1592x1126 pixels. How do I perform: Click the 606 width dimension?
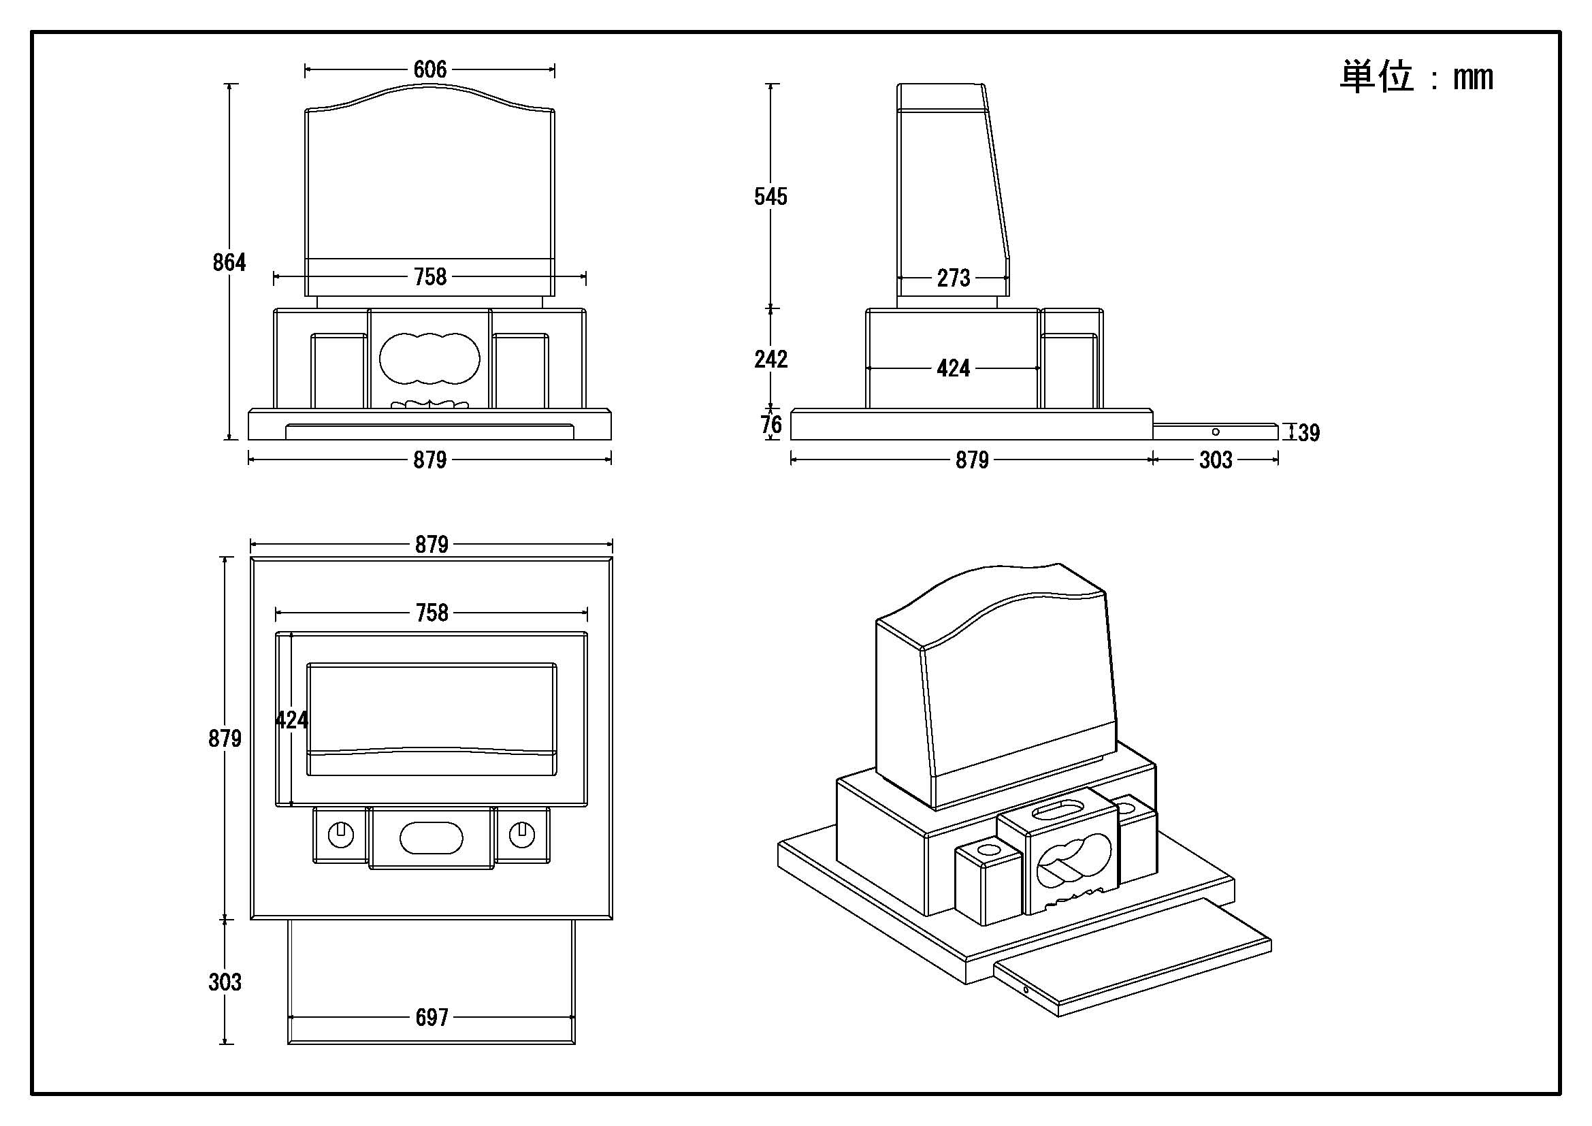pos(430,69)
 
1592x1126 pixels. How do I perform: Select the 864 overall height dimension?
pos(229,262)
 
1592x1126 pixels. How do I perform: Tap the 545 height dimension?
pos(770,197)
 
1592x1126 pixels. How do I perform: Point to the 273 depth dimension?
pos(954,278)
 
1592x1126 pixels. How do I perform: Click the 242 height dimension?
pos(770,359)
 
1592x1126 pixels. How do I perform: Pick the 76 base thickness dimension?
pos(771,424)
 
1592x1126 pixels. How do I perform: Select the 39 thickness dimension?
pos(1308,433)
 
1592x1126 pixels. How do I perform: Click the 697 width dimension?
pos(432,1017)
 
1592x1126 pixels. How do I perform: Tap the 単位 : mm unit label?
pos(1416,76)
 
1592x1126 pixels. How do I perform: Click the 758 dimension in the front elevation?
pos(430,277)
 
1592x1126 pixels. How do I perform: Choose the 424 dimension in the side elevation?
pos(954,368)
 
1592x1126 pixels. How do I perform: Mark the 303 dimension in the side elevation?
pos(1216,460)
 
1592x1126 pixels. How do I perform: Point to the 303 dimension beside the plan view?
pos(225,982)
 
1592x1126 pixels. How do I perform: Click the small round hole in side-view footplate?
pos(1216,432)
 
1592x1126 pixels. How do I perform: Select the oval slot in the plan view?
pos(431,837)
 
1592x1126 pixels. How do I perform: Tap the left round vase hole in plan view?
pos(340,835)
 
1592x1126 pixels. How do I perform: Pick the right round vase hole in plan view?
pos(521,835)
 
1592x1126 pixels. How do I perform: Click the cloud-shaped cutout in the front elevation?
pos(429,358)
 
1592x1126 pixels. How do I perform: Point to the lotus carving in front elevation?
pos(430,404)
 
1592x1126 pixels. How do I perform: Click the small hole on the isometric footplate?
pos(1026,989)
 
